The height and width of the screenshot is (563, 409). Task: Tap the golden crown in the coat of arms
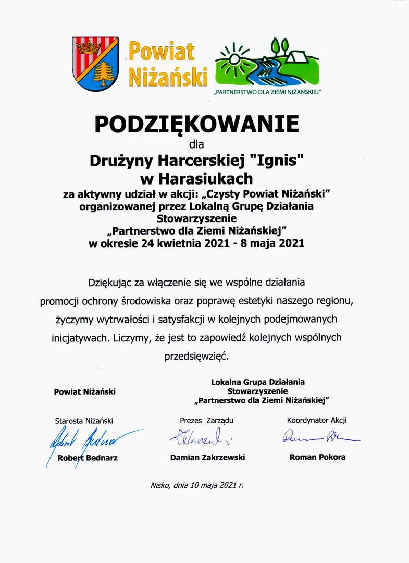pos(89,48)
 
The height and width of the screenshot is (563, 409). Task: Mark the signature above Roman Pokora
pos(318,436)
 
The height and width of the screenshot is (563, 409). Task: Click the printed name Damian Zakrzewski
pos(207,457)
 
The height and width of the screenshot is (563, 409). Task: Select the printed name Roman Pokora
pos(317,457)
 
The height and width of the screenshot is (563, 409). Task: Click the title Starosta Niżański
pos(84,421)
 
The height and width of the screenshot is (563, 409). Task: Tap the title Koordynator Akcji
pos(317,420)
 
